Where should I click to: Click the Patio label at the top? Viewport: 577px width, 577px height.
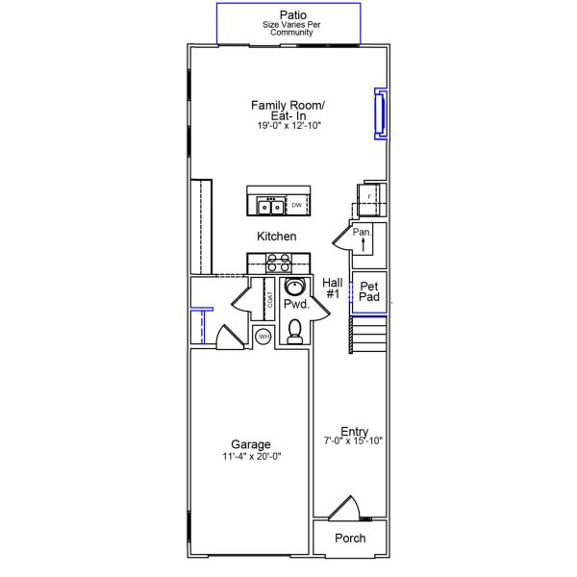point(288,14)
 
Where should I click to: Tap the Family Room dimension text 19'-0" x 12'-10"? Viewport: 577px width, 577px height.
point(288,126)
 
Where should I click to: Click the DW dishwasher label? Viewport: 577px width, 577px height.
point(297,206)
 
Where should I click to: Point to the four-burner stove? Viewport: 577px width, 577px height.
point(279,263)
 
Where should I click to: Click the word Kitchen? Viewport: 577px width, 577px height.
point(276,237)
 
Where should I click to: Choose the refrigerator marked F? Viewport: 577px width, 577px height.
point(369,196)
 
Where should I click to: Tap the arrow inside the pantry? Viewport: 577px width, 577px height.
point(363,246)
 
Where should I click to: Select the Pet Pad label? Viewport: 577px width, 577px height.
point(369,291)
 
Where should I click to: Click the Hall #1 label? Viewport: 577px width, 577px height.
point(333,288)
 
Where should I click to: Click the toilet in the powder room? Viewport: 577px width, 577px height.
point(295,332)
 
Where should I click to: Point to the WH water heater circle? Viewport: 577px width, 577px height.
point(263,336)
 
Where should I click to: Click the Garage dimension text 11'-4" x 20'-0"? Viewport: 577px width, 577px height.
point(250,458)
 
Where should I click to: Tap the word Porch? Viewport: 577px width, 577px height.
point(350,539)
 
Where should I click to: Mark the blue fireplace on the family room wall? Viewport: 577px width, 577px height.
point(379,114)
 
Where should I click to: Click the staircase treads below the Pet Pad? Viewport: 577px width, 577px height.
point(369,336)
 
